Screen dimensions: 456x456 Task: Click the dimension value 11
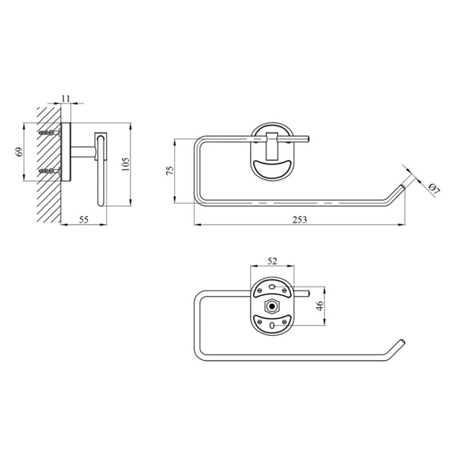point(66,98)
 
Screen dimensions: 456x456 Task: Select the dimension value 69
point(19,152)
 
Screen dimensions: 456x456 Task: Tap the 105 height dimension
point(125,164)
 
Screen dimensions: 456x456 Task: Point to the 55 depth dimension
point(84,219)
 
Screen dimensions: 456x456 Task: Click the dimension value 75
point(170,170)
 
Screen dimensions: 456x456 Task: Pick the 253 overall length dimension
point(300,219)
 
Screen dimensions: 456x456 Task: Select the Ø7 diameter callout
point(434,189)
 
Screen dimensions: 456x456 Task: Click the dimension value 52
point(272,261)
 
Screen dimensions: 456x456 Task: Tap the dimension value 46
point(320,306)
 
